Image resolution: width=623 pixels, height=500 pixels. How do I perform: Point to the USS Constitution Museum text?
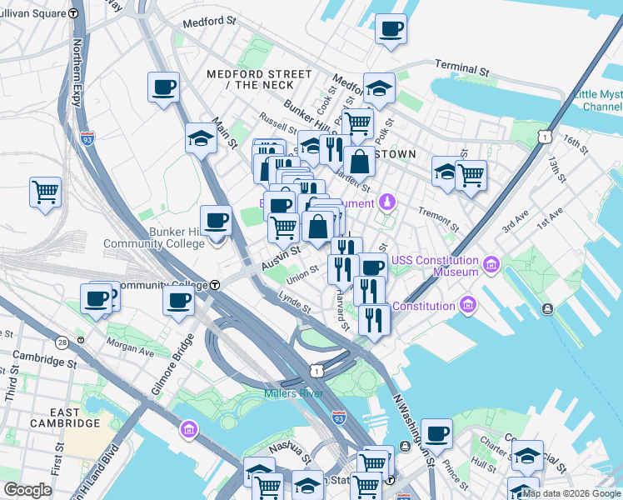click(x=436, y=266)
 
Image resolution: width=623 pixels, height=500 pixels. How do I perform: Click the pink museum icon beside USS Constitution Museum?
click(x=491, y=266)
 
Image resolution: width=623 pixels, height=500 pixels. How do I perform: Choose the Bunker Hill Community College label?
click(x=153, y=237)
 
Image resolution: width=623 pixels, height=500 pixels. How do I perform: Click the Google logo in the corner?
click(x=27, y=489)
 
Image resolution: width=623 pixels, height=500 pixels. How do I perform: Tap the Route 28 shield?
click(x=62, y=342)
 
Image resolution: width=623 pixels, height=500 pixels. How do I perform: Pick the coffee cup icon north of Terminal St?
click(x=390, y=31)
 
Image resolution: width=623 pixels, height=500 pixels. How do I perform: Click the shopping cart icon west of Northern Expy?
click(x=45, y=192)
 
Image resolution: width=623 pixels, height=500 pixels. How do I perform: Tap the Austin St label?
click(x=281, y=257)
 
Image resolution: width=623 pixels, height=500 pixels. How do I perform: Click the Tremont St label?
click(x=438, y=220)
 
